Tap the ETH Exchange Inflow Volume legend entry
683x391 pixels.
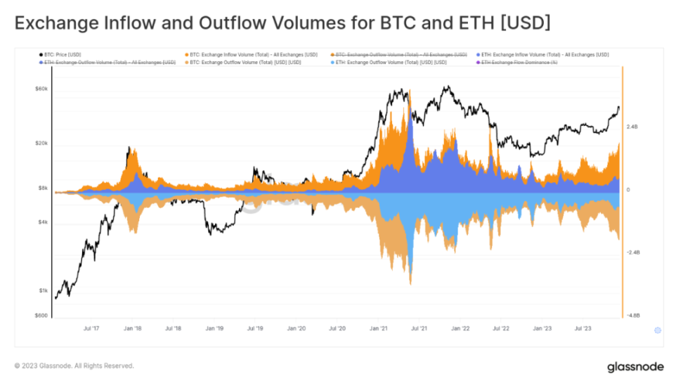tap(545, 54)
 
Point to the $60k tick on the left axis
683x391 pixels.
tap(40, 89)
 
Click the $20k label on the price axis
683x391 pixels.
tap(40, 143)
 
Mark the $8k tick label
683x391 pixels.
tap(41, 188)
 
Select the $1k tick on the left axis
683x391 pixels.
tap(42, 290)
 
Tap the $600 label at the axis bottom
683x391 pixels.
tap(41, 316)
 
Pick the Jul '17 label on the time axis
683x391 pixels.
tap(91, 328)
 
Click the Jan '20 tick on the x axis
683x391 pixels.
tap(297, 328)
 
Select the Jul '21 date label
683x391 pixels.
tap(419, 328)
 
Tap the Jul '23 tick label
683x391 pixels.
tap(583, 328)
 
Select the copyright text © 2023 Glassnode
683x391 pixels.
tap(74, 366)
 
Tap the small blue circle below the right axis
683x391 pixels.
tap(658, 331)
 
